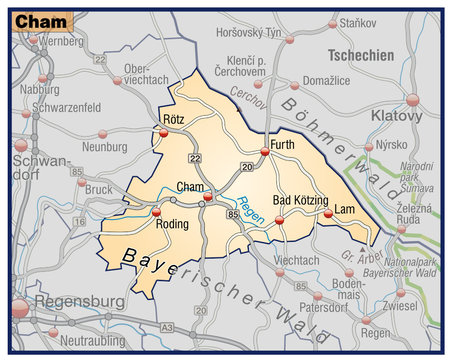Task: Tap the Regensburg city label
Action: pos(79,301)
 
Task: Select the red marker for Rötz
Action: pos(164,131)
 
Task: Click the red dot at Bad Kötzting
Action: pos(280,214)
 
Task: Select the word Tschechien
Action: pos(360,56)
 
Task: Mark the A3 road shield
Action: pos(168,327)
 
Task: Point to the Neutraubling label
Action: pos(93,342)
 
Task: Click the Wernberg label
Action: pos(62,41)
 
